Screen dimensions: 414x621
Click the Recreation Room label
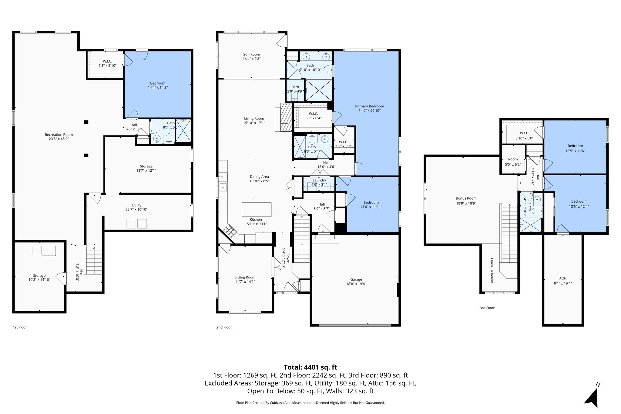(59, 135)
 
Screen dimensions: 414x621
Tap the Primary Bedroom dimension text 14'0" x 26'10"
(369, 111)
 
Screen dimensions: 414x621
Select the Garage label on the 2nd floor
(356, 280)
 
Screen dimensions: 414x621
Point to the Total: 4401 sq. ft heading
(310, 367)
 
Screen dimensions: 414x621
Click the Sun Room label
(251, 55)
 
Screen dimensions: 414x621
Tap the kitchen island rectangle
(256, 209)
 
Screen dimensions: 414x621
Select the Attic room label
(563, 278)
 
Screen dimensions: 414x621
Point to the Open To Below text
(492, 270)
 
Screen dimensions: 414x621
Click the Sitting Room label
(245, 277)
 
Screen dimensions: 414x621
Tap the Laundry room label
(319, 180)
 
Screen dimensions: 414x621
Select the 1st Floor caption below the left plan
(20, 327)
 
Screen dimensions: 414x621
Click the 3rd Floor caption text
(487, 308)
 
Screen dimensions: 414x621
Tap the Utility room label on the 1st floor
(136, 205)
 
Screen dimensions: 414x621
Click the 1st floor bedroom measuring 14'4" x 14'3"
(158, 85)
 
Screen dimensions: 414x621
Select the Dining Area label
(259, 177)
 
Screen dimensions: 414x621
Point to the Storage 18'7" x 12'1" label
(146, 168)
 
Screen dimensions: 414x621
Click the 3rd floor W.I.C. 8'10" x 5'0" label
(524, 136)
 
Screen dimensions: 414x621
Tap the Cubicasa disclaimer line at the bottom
(310, 403)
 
